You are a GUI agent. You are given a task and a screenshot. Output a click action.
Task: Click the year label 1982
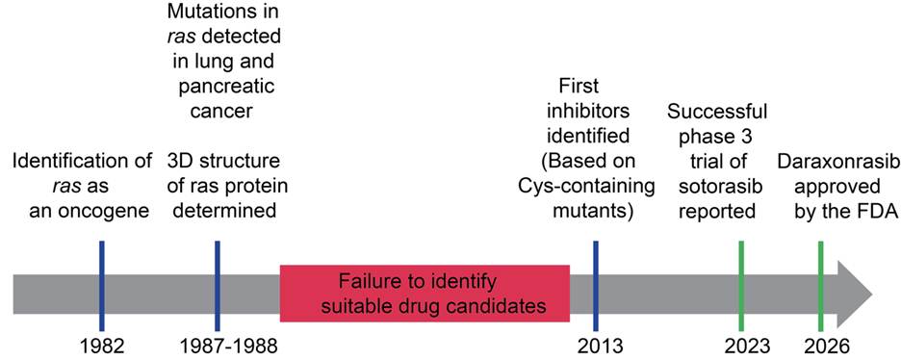(102, 347)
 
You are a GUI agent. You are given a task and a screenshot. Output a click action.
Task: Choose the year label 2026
(821, 347)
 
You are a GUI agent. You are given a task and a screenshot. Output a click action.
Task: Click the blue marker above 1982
(102, 285)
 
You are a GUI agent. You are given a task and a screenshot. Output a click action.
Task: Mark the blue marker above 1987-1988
(218, 285)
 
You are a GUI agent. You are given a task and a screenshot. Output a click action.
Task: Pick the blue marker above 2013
(596, 285)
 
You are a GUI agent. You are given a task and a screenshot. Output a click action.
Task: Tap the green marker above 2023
(741, 285)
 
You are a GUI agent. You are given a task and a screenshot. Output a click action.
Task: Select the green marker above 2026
(820, 285)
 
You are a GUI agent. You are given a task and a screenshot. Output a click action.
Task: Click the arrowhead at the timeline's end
(856, 294)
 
